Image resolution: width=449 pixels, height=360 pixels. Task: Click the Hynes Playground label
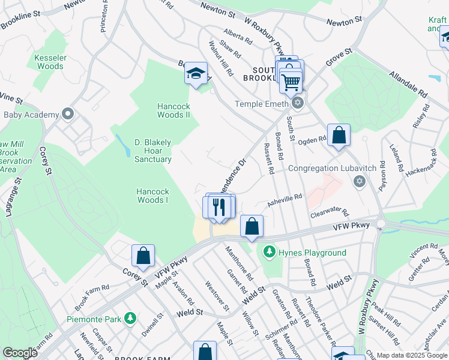[x=312, y=253]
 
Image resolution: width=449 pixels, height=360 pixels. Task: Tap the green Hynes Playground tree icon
[x=270, y=251]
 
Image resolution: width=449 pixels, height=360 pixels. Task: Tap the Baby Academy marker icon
[x=67, y=114]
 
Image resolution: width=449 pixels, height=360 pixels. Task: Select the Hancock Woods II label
[x=173, y=110]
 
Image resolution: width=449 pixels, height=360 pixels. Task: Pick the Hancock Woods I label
[x=152, y=196]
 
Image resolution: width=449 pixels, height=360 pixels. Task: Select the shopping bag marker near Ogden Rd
[x=339, y=136]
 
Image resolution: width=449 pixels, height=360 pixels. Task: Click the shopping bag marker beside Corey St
[x=143, y=256]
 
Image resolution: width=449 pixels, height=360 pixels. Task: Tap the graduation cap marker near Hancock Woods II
[x=196, y=74]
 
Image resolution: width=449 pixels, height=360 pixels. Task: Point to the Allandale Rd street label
[x=408, y=85]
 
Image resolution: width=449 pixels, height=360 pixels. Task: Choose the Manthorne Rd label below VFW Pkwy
[x=240, y=259]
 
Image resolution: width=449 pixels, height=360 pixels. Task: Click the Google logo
[x=20, y=353]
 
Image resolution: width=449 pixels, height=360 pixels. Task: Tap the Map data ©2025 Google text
[x=411, y=355]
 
